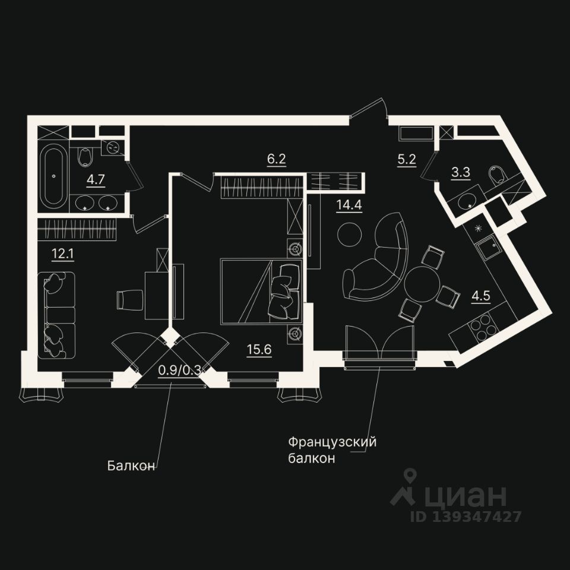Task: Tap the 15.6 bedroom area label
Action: [259, 350]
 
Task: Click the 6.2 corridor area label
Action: [276, 159]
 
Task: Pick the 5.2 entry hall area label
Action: [406, 159]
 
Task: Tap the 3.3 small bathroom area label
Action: [460, 174]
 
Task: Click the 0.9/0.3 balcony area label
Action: [180, 370]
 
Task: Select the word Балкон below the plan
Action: [131, 465]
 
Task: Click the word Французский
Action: [332, 442]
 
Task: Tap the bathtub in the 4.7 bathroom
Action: [53, 176]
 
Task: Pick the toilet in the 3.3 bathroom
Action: [496, 175]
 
